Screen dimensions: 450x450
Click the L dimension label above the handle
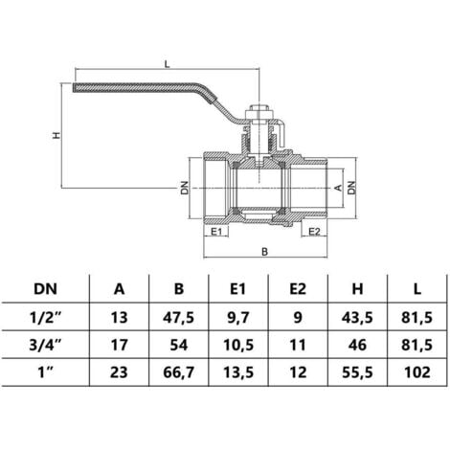pos(169,63)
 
